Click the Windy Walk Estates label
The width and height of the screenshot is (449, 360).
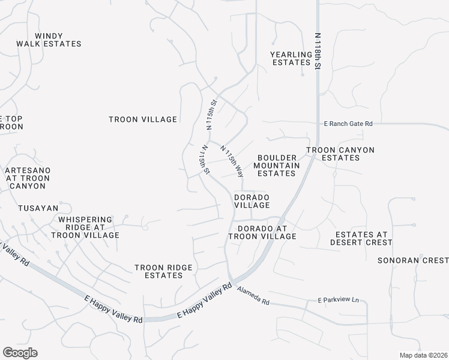(58, 40)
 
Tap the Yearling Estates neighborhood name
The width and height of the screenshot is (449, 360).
(292, 58)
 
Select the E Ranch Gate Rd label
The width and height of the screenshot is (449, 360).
(348, 124)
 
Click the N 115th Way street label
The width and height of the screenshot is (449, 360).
(232, 161)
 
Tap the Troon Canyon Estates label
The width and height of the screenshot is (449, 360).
(340, 154)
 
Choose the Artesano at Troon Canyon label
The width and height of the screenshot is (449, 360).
(28, 178)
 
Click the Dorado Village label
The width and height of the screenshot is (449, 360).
(252, 201)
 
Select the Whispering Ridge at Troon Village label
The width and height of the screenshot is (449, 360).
(86, 227)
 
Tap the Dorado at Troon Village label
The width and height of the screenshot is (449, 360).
(263, 233)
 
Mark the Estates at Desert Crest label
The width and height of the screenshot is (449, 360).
(361, 238)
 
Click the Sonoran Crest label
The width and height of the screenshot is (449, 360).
(413, 260)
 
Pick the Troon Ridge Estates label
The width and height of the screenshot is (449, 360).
(158, 271)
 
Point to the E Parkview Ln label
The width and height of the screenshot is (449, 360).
(337, 300)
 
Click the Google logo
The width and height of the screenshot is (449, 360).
(20, 352)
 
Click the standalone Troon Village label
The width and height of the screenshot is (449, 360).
(143, 119)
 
